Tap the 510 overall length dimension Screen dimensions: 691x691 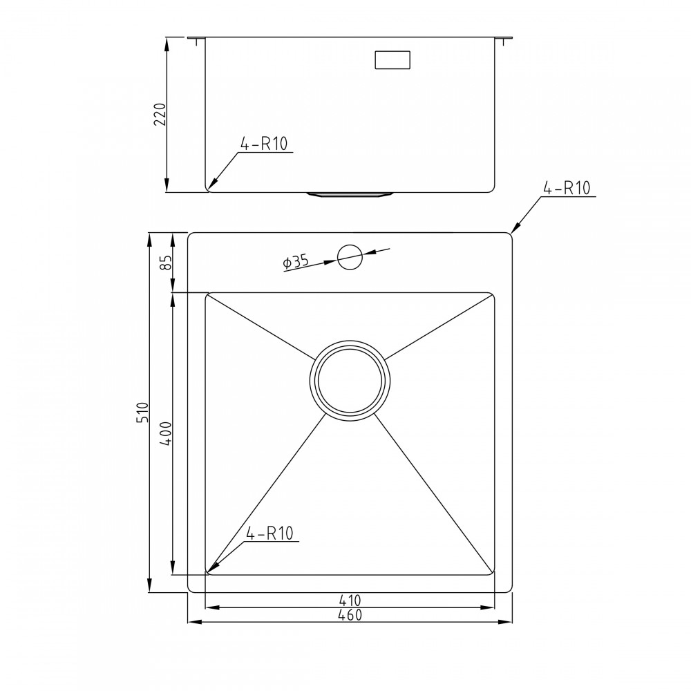pyautogui.click(x=142, y=413)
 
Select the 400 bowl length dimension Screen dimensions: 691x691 pyautogui.click(x=166, y=433)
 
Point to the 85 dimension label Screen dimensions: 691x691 pyautogui.click(x=166, y=263)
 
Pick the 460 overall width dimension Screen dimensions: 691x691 pyautogui.click(x=350, y=614)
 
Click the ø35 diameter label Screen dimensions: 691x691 pyautogui.click(x=295, y=262)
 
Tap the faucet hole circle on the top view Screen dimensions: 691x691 pyautogui.click(x=350, y=256)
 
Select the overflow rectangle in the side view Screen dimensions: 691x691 pyautogui.click(x=392, y=59)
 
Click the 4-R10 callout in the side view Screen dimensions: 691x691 pyautogui.click(x=265, y=144)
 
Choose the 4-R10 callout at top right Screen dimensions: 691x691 pyautogui.click(x=566, y=188)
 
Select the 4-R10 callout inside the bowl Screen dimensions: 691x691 pyautogui.click(x=270, y=533)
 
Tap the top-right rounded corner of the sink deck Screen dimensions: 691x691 pyautogui.click(x=509, y=236)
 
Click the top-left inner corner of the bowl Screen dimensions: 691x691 pyautogui.click(x=208, y=295)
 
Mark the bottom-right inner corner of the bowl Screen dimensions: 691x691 pyautogui.click(x=492, y=571)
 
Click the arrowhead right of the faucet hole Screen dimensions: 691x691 pyautogui.click(x=368, y=253)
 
